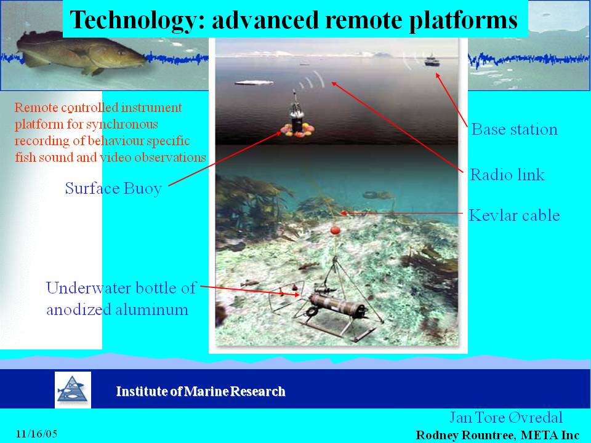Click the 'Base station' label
pyautogui.click(x=515, y=129)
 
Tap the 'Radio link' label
pyautogui.click(x=507, y=174)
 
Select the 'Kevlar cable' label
pyautogui.click(x=514, y=215)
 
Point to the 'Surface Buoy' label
pyautogui.click(x=113, y=188)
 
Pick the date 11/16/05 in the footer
pyautogui.click(x=36, y=434)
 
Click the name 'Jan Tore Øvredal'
pyautogui.click(x=506, y=417)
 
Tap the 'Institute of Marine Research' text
pyautogui.click(x=201, y=391)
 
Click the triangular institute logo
pyautogui.click(x=73, y=390)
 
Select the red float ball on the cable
pyautogui.click(x=335, y=230)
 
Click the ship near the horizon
pyautogui.click(x=432, y=61)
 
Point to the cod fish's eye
pyautogui.click(x=121, y=52)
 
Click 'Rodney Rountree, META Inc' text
pyautogui.click(x=497, y=435)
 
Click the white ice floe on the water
pyautogui.click(x=254, y=82)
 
